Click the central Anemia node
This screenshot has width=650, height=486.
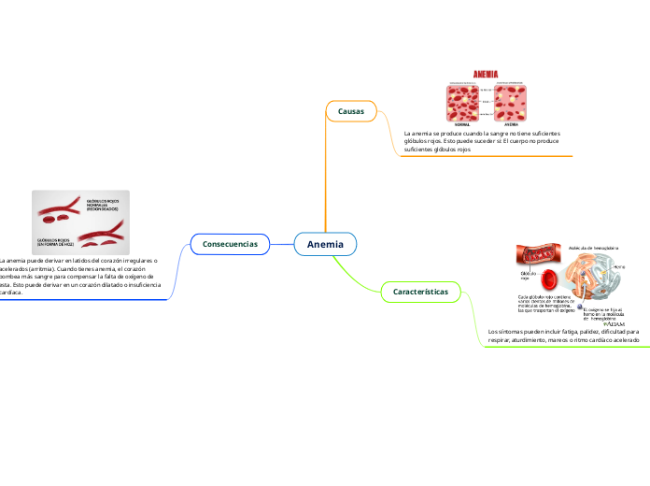click(325, 245)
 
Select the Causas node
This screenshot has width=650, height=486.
click(351, 111)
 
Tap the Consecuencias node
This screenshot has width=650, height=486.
click(230, 243)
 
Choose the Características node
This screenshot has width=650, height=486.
click(420, 292)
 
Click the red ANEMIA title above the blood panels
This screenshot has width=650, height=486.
click(487, 73)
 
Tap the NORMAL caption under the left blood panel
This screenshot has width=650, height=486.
click(462, 122)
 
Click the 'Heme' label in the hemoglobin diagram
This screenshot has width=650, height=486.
click(619, 267)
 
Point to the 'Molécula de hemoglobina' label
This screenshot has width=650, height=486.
click(594, 248)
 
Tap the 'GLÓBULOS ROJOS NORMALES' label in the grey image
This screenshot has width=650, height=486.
click(102, 205)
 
